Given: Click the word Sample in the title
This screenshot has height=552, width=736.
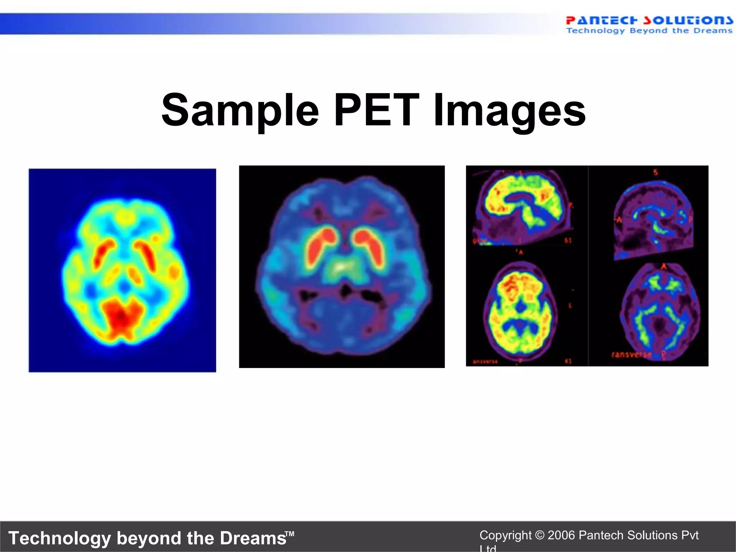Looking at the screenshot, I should (240, 111).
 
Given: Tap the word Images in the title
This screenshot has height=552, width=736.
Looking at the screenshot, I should (510, 111).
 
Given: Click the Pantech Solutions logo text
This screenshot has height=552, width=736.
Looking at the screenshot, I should (649, 20).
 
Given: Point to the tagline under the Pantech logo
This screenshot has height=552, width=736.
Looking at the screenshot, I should (649, 31).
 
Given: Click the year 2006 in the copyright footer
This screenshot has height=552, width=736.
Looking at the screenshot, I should (561, 535).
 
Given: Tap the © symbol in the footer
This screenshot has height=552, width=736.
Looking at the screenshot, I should (539, 535).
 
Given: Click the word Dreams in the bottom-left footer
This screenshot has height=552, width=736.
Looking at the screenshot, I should (253, 538).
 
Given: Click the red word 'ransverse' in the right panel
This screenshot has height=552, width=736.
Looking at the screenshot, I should (631, 355).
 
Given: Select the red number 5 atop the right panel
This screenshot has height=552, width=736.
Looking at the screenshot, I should (655, 172).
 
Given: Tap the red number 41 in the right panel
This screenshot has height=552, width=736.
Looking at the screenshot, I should (568, 361).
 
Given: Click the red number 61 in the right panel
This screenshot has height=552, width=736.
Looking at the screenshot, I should (568, 240).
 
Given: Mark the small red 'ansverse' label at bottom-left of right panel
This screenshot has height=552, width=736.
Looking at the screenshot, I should (485, 361).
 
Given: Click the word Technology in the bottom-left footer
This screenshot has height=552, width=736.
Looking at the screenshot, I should (60, 538).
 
